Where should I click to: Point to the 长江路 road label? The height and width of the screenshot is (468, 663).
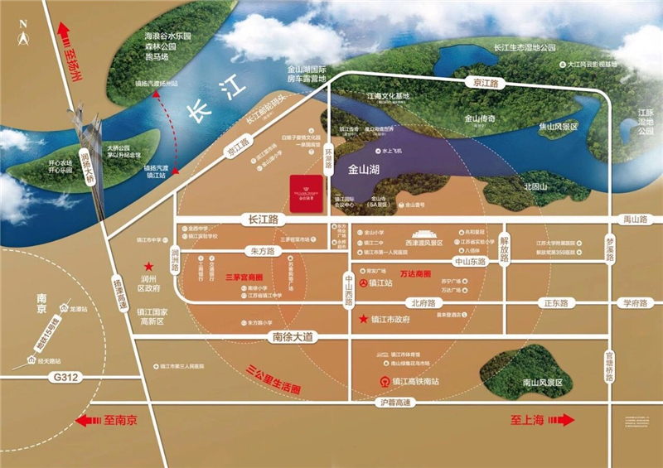point(260,220)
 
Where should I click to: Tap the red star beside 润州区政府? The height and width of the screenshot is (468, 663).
point(149,267)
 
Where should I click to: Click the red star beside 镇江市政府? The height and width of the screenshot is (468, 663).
point(363,318)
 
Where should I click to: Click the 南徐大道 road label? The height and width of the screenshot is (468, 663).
point(293,337)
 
